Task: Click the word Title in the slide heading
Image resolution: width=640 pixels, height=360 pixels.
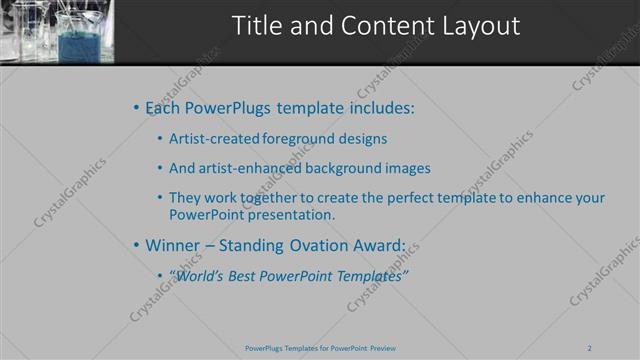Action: (x=256, y=26)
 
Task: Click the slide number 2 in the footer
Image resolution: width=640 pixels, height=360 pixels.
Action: (x=589, y=348)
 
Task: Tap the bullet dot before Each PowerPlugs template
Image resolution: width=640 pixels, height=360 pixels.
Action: (x=136, y=107)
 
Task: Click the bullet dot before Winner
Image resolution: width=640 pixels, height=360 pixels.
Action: (x=136, y=244)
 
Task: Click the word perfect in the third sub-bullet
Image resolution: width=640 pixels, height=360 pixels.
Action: (x=427, y=198)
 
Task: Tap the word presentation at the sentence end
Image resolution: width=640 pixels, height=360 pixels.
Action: (x=289, y=214)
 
